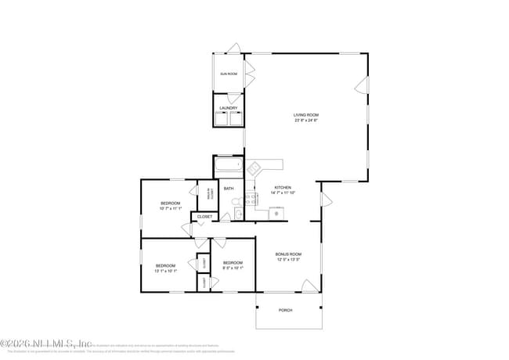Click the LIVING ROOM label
pyautogui.click(x=306, y=115)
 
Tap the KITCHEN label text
pyautogui.click(x=283, y=188)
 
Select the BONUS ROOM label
pyautogui.click(x=288, y=254)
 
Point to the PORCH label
pyautogui.click(x=286, y=310)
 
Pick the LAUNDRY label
pyautogui.click(x=229, y=108)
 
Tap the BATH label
pyautogui.click(x=229, y=189)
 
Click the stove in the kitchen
pyautogui.click(x=251, y=199)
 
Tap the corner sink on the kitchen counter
pyautogui.click(x=254, y=167)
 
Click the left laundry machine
pyautogui.click(x=222, y=120)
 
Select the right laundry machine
pyautogui.click(x=236, y=120)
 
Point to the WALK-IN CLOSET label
pyautogui.click(x=209, y=193)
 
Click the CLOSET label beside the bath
pyautogui.click(x=204, y=217)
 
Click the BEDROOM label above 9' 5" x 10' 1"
pyautogui.click(x=233, y=262)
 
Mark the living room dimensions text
pyautogui.click(x=306, y=121)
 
